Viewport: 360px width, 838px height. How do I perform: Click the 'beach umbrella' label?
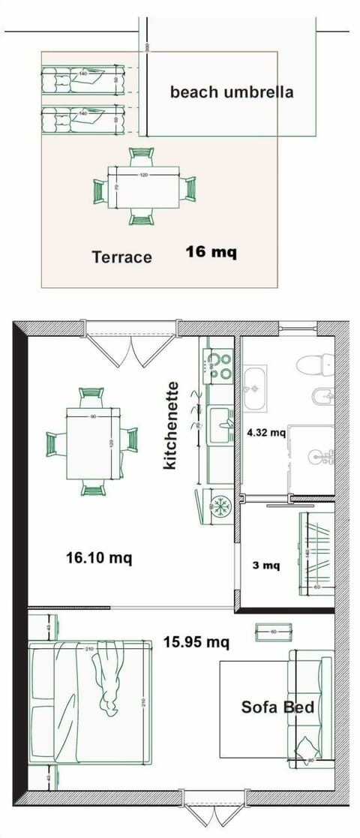click(x=231, y=92)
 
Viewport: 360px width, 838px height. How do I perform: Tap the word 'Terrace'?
click(x=121, y=257)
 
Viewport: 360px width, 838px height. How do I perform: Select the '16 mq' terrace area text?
click(x=211, y=252)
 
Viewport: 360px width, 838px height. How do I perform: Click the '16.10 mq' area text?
click(x=99, y=557)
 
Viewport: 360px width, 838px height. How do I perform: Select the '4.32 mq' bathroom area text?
click(x=266, y=432)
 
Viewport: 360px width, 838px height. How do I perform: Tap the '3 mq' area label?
click(x=266, y=565)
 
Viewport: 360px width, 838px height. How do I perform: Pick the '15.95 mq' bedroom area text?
click(x=196, y=642)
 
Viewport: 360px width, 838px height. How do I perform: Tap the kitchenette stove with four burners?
click(x=220, y=365)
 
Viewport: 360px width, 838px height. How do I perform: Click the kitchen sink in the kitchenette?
click(x=220, y=424)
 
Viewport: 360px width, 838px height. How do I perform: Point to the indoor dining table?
click(x=93, y=443)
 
